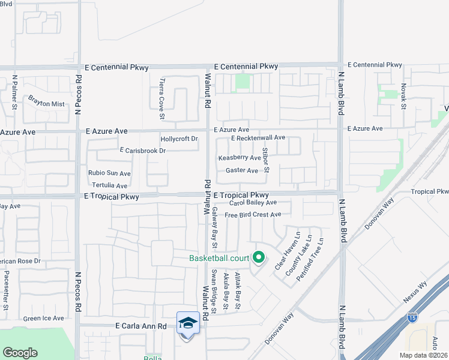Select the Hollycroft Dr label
tap(179, 139)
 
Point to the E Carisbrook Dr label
tap(142, 151)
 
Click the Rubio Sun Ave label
tap(109, 173)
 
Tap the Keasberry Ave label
tap(240, 158)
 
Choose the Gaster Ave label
tap(241, 170)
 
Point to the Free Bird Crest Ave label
tap(253, 215)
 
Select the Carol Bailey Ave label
tap(253, 203)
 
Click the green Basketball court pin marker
tap(259, 257)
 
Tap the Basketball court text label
tap(218, 259)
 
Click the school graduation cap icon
tap(188, 323)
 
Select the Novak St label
tap(404, 97)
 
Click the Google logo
tap(20, 353)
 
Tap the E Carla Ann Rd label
tap(141, 326)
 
